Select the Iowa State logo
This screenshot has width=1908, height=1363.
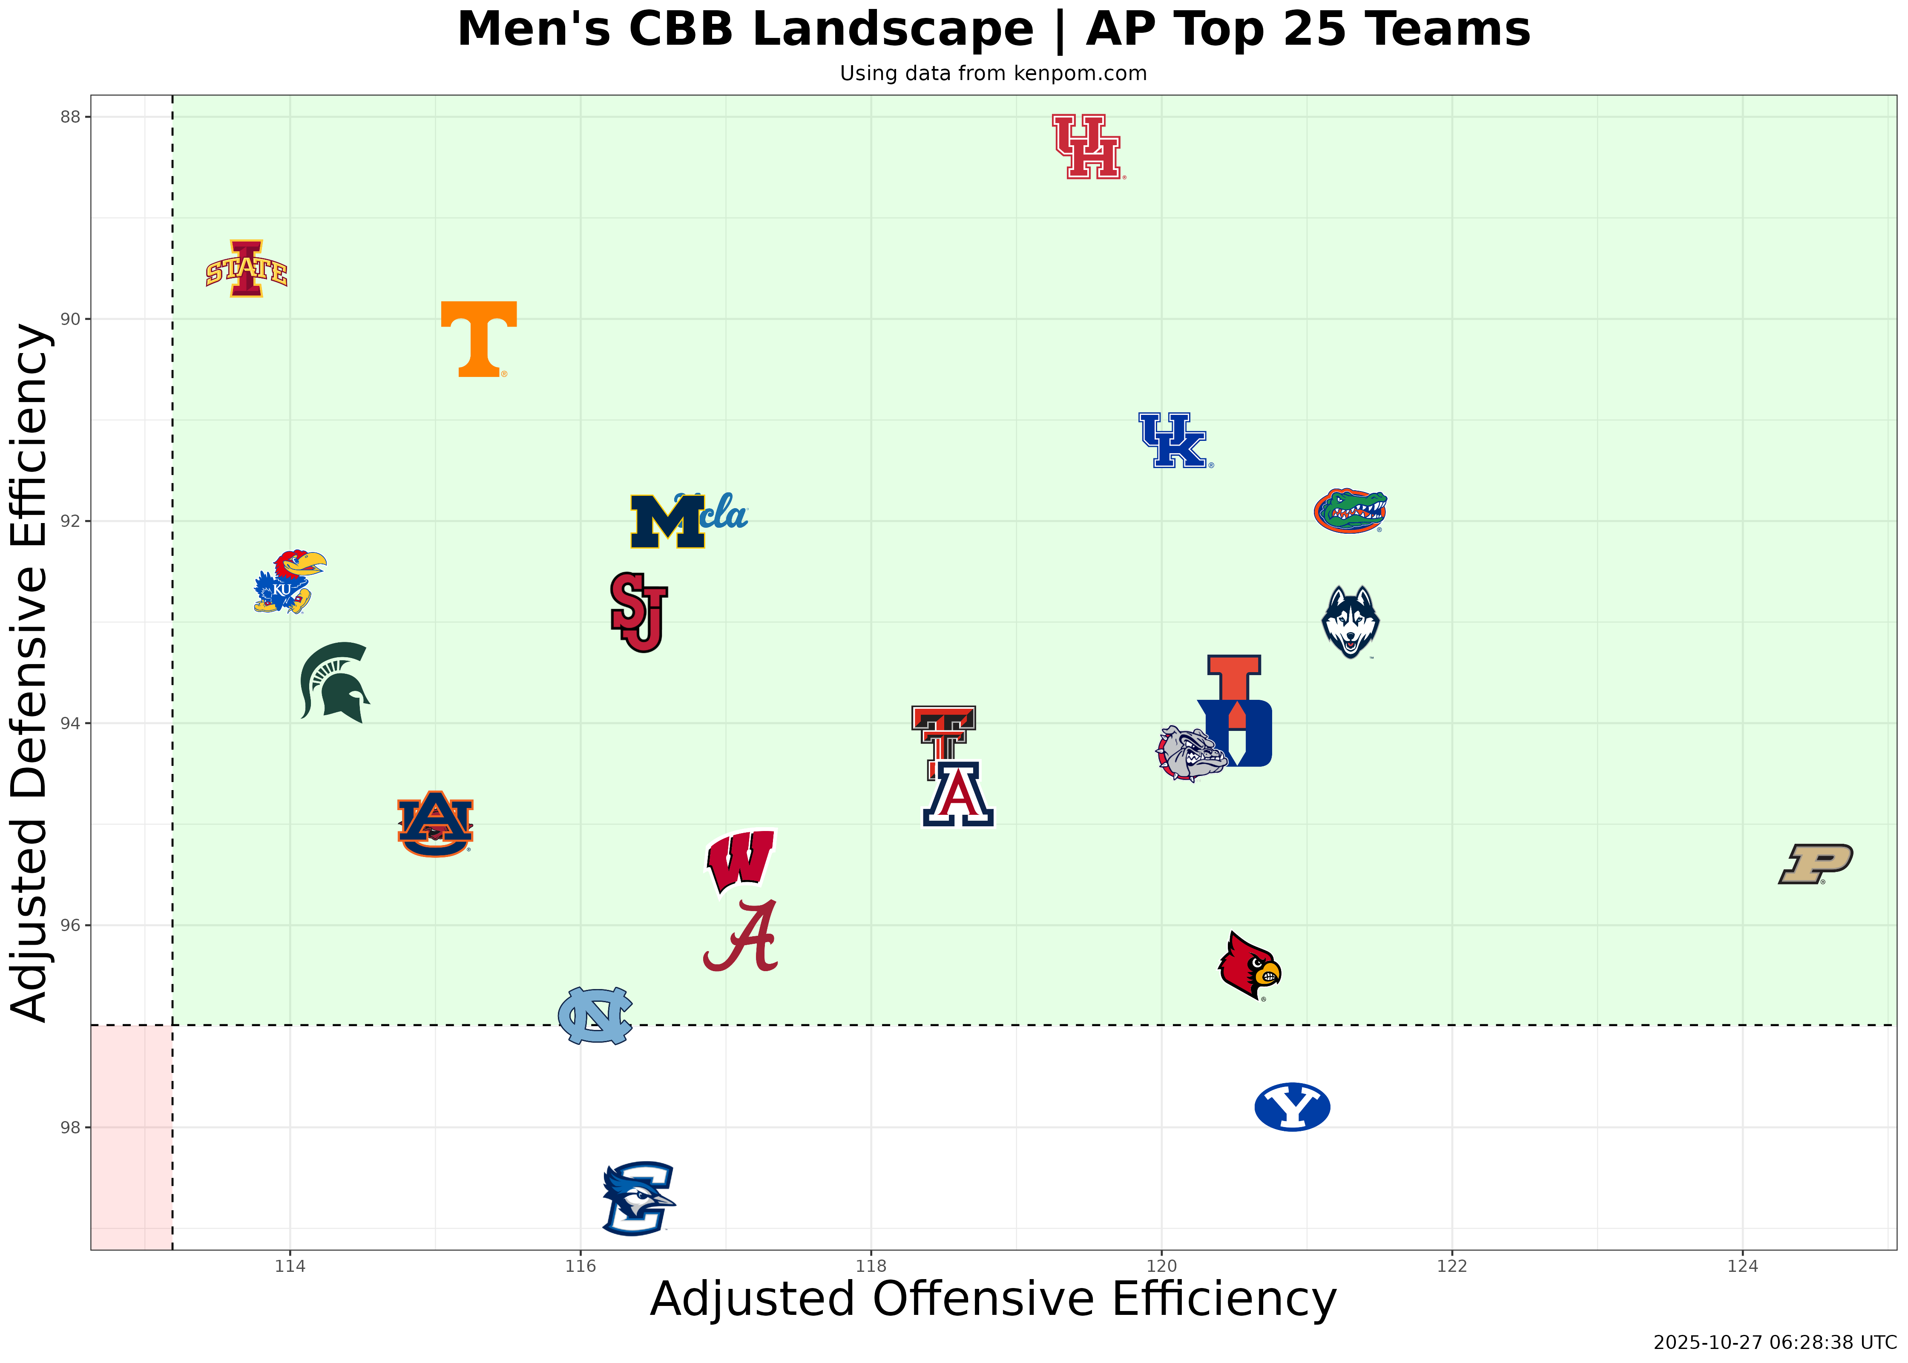click(247, 270)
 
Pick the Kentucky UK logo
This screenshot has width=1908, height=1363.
click(1174, 440)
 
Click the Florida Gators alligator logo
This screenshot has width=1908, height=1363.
click(1350, 511)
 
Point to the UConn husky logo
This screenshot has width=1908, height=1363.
click(1350, 622)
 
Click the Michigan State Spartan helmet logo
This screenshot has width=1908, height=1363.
click(334, 681)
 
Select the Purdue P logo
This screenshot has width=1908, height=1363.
click(1815, 864)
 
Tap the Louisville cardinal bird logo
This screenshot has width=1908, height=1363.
click(1249, 966)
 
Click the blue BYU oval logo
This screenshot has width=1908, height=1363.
click(1292, 1107)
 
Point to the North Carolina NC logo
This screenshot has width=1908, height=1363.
click(595, 1015)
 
